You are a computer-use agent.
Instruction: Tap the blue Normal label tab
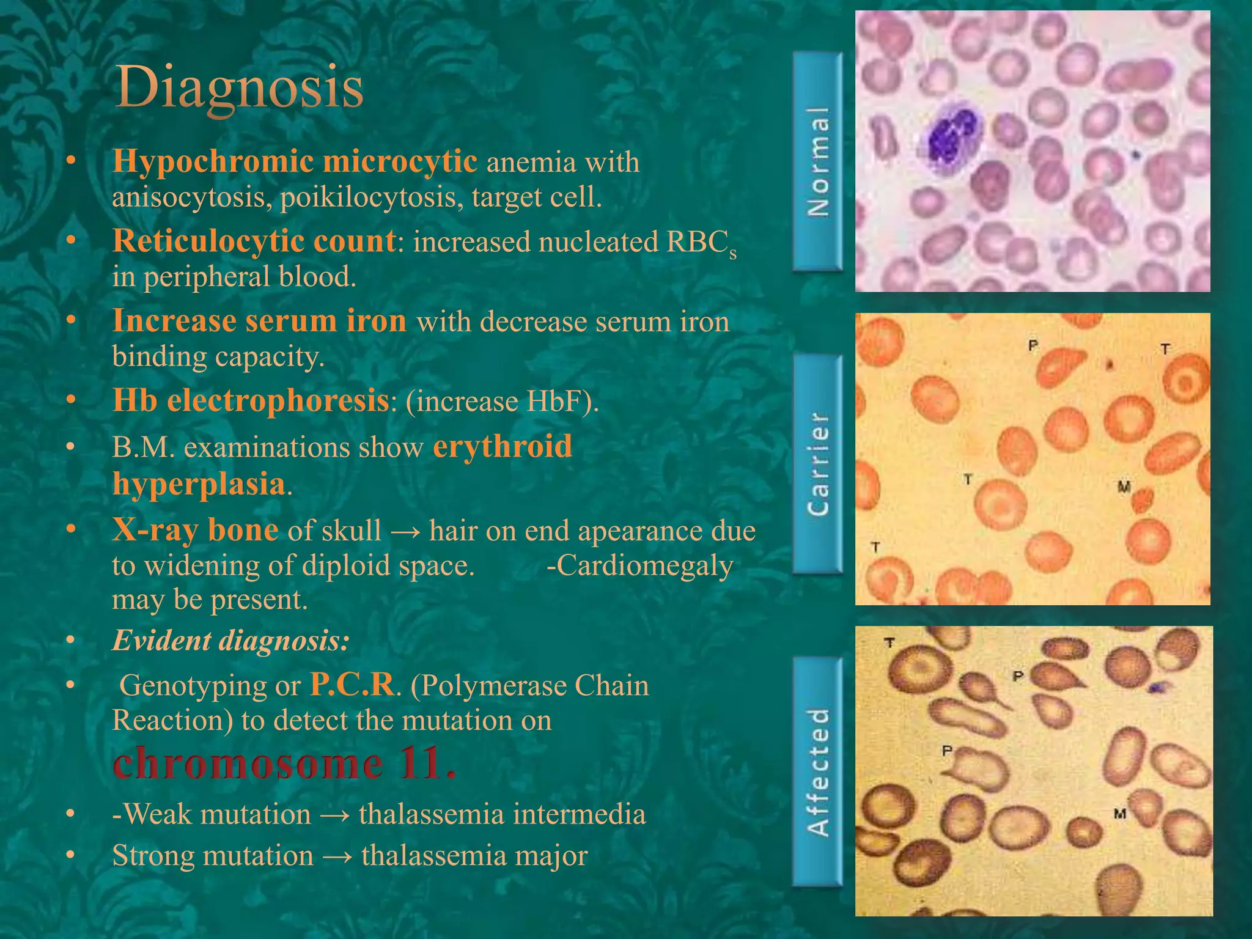point(818,162)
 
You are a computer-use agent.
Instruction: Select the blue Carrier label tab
point(818,464)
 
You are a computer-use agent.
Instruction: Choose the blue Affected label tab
point(818,771)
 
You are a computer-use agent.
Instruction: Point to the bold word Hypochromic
point(212,162)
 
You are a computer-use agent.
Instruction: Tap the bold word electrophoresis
point(278,401)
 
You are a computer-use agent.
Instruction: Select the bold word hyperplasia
point(199,484)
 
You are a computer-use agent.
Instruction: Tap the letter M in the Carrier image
point(1124,487)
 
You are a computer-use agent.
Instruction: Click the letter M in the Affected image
point(1120,814)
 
